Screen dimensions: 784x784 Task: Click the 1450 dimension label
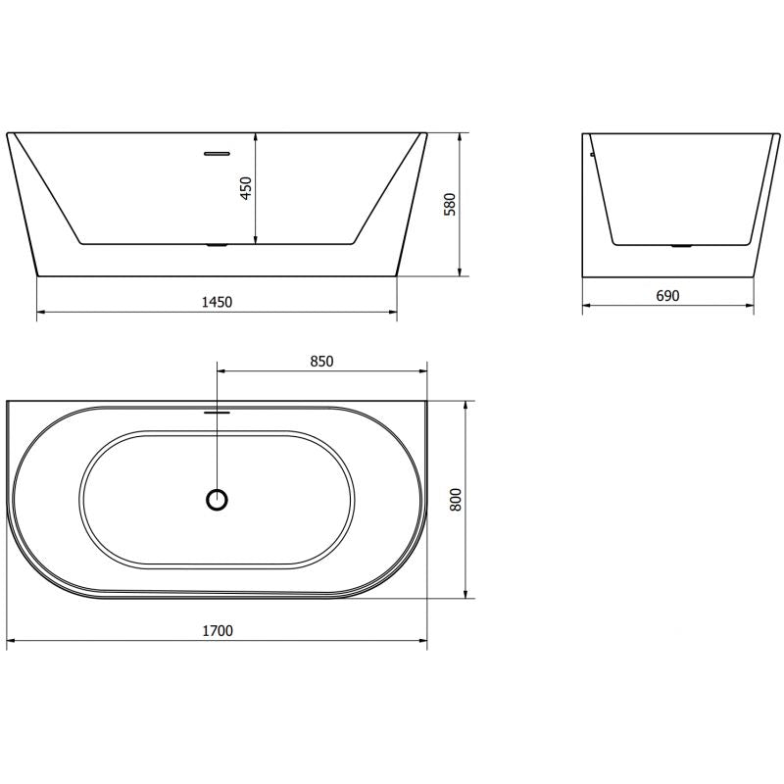point(217,302)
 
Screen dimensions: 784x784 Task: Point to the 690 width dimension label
point(667,294)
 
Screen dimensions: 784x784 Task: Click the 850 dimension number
point(322,361)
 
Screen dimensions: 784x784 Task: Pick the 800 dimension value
point(454,499)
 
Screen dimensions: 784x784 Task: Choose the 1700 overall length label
point(218,631)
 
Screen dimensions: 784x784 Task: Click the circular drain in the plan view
point(218,500)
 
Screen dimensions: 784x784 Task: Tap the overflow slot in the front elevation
point(216,153)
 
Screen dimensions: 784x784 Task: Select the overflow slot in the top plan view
point(217,413)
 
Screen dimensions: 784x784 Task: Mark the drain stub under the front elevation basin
point(217,245)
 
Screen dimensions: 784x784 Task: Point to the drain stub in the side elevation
point(680,246)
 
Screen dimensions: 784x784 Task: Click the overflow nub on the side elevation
point(592,153)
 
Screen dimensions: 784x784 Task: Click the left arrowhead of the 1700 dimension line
point(11,643)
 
